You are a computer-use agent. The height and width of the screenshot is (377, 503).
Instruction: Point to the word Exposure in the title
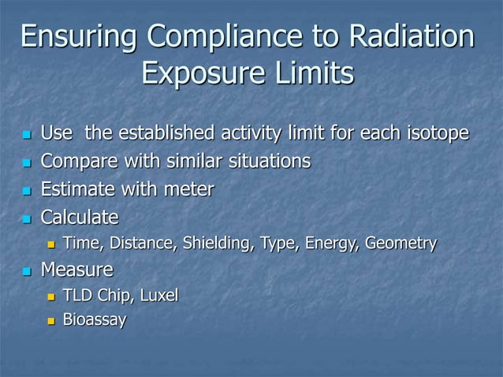(196, 76)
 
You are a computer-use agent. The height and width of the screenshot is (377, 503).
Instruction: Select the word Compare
(77, 161)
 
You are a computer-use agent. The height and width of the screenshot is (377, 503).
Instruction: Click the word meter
(188, 188)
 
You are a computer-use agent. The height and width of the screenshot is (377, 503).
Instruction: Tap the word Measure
(76, 271)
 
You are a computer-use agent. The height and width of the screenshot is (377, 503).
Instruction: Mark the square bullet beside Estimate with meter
(26, 190)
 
